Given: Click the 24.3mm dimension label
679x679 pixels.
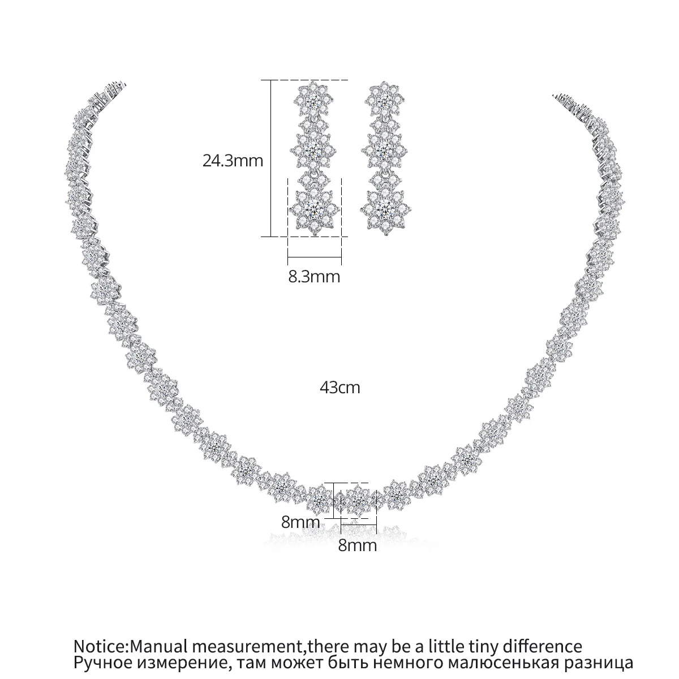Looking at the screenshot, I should pyautogui.click(x=233, y=161).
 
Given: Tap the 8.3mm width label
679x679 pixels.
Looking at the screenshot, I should pyautogui.click(x=315, y=277).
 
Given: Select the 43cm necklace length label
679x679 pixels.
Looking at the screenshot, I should pyautogui.click(x=339, y=388).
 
